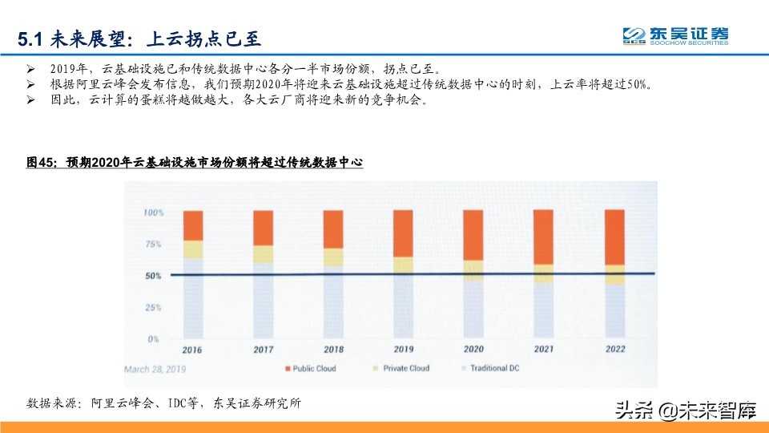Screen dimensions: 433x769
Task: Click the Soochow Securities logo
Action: point(675,36)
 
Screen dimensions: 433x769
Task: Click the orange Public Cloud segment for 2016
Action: point(192,225)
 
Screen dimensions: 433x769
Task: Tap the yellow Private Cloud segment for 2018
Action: point(333,257)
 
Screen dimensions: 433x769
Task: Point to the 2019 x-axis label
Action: point(404,350)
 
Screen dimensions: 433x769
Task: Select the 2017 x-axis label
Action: point(263,350)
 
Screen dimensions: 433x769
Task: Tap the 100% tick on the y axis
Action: point(152,213)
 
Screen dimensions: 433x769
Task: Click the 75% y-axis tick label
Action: point(153,244)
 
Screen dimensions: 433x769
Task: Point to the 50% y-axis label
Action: point(153,276)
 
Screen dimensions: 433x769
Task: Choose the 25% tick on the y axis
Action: point(153,307)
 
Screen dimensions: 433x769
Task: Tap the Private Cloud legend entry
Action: point(401,369)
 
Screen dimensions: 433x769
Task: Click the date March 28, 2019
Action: point(155,369)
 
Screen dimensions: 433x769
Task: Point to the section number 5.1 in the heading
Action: point(31,38)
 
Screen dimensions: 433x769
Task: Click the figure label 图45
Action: point(41,163)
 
